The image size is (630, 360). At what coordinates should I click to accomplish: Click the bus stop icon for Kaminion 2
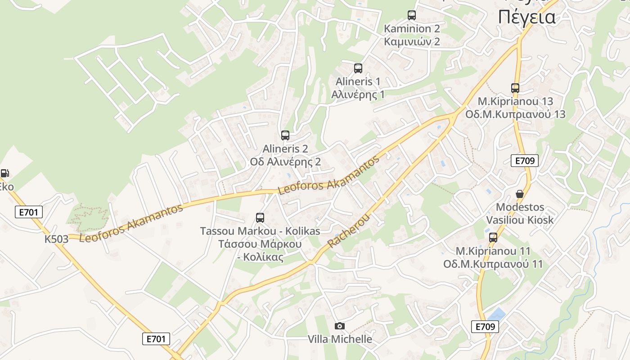412,15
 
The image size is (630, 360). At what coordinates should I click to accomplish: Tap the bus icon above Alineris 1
358,68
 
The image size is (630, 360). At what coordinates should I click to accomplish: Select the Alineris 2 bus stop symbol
285,135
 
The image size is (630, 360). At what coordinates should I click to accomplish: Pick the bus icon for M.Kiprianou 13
515,88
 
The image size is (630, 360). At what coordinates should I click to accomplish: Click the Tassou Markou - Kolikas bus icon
260,218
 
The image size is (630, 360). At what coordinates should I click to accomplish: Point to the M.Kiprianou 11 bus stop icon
493,238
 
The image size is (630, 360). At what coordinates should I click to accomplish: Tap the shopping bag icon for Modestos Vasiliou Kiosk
520,194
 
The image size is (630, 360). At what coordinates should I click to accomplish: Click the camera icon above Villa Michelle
340,326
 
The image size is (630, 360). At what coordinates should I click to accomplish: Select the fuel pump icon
4,173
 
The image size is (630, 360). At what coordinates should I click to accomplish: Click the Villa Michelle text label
340,339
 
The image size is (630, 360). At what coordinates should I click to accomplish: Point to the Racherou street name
349,231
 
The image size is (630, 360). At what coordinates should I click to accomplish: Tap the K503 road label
56,239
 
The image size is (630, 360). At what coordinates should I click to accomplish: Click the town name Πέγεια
526,18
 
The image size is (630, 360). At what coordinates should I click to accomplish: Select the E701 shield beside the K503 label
29,212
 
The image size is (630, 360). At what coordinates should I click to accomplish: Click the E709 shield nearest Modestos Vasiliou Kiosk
525,161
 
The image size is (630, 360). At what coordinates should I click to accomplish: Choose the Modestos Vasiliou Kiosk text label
520,214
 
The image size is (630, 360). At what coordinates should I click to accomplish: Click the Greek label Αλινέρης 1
358,94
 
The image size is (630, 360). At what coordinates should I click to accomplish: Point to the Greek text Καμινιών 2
412,42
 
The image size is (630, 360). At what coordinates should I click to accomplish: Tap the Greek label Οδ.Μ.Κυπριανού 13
515,114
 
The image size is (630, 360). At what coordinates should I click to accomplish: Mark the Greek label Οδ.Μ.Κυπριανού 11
493,264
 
